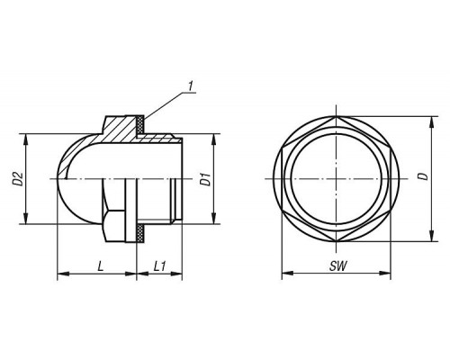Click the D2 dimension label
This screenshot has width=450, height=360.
tap(18, 178)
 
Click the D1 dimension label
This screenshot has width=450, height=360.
tap(205, 179)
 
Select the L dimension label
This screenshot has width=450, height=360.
tap(101, 266)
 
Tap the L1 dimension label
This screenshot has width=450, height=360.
tap(159, 266)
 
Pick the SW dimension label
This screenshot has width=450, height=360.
tap(338, 266)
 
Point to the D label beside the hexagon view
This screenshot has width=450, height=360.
tap(424, 176)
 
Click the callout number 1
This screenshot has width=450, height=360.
tap(191, 86)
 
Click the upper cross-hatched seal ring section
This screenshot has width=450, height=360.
tap(140, 125)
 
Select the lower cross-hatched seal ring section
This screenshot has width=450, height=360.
tap(140, 232)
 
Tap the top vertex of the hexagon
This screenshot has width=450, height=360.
tap(336, 116)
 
